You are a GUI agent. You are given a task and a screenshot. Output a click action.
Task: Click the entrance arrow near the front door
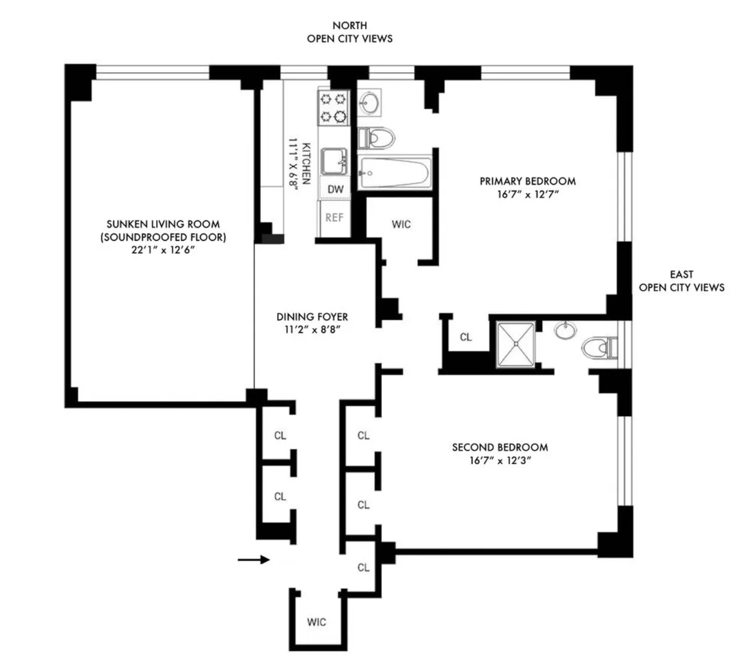[x=253, y=559]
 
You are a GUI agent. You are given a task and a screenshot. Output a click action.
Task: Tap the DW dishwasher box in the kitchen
[x=335, y=189]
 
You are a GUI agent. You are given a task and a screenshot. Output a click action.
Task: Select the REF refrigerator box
[x=334, y=217]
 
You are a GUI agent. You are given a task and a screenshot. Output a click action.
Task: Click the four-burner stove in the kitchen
[x=333, y=108]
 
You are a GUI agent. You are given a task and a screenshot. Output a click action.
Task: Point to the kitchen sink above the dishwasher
[x=334, y=161]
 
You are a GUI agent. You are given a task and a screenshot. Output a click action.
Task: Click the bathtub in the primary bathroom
[x=394, y=173]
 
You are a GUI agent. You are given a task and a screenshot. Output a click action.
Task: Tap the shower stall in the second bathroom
[x=516, y=345]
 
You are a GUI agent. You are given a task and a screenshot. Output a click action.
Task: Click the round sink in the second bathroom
[x=564, y=330]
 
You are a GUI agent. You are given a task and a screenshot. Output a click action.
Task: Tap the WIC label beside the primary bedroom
[x=401, y=225]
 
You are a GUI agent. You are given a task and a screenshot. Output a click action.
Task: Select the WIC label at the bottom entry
[x=316, y=622]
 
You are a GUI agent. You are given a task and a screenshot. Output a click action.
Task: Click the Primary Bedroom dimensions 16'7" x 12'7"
[x=528, y=195]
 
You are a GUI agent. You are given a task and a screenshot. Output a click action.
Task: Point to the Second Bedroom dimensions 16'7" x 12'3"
[x=500, y=461]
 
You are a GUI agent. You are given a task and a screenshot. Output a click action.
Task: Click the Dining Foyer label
[x=312, y=317]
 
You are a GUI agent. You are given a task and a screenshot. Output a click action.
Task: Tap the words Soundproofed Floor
[x=163, y=237]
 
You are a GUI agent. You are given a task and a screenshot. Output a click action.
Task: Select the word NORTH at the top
[x=349, y=25]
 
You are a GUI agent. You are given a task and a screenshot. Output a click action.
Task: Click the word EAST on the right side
[x=681, y=274]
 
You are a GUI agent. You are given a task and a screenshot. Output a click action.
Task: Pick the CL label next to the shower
[x=465, y=337]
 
